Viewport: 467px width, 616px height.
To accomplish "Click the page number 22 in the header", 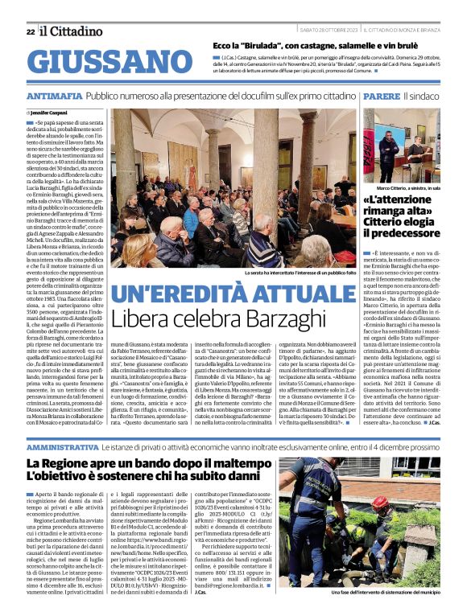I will [31, 31].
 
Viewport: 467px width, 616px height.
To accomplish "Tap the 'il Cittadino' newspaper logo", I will [74, 30].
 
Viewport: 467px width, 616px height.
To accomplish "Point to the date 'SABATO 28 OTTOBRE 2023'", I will [329, 31].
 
